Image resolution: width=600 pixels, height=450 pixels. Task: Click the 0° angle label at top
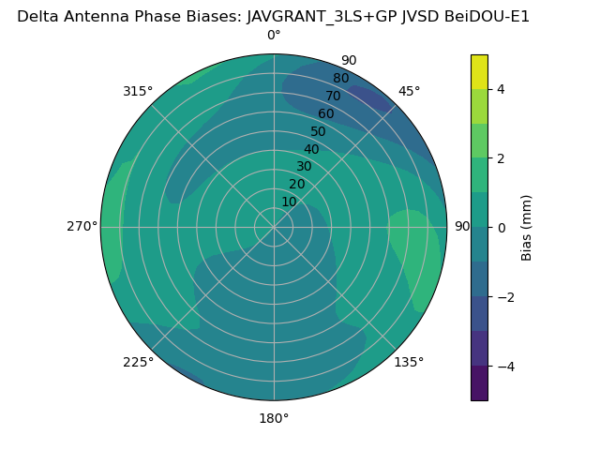pos(274,36)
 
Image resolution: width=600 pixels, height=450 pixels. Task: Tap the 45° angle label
pos(409,91)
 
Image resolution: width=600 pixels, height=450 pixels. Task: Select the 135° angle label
pos(409,362)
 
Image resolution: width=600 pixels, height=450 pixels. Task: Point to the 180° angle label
pos(274,418)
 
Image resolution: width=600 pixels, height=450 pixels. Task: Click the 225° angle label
pos(138,362)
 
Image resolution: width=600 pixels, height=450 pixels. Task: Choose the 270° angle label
pos(82,227)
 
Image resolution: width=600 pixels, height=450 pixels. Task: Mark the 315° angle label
pos(138,91)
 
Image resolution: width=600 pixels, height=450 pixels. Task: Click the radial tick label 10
pos(289,202)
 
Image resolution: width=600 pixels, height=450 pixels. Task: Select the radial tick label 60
pos(326,114)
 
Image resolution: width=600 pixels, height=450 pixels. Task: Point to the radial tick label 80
pos(341,79)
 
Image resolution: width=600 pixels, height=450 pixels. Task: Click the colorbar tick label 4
pos(501,89)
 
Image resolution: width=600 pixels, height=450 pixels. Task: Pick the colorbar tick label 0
pos(501,228)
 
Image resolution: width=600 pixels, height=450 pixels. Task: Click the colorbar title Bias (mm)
pos(527,227)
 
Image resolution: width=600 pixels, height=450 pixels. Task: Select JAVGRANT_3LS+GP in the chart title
pos(314,16)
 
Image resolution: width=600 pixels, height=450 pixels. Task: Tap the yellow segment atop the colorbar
pos(479,71)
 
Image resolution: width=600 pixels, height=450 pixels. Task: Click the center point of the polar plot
pos(274,227)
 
